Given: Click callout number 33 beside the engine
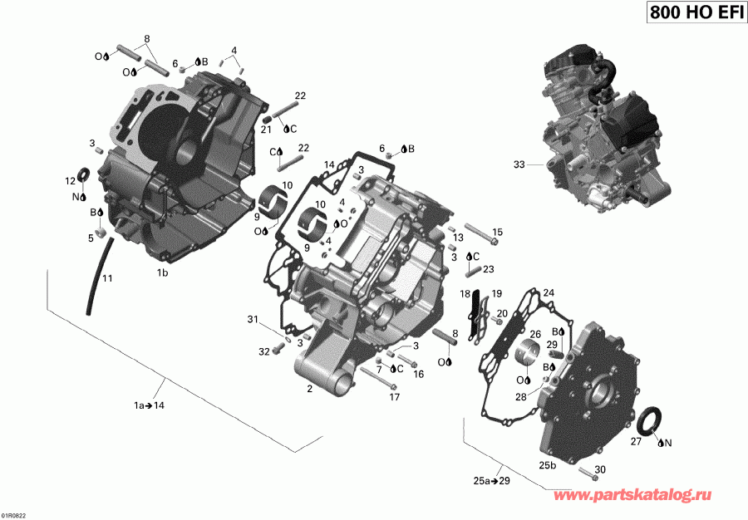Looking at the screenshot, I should (519, 165).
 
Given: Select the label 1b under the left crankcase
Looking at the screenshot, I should (162, 272).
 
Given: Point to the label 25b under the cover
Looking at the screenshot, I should (548, 465).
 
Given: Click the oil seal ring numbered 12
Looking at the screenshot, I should (84, 175).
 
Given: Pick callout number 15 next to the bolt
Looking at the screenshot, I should (498, 232).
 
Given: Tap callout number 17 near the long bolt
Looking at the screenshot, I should (394, 397).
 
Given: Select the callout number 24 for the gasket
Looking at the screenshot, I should (549, 292).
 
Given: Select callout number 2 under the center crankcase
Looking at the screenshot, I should (309, 389).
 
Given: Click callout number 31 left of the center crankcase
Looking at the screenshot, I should (253, 320).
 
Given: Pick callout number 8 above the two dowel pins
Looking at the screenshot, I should (147, 39).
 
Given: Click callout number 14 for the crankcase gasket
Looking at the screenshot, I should (329, 164).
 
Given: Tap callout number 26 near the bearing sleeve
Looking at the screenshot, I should (535, 334).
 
